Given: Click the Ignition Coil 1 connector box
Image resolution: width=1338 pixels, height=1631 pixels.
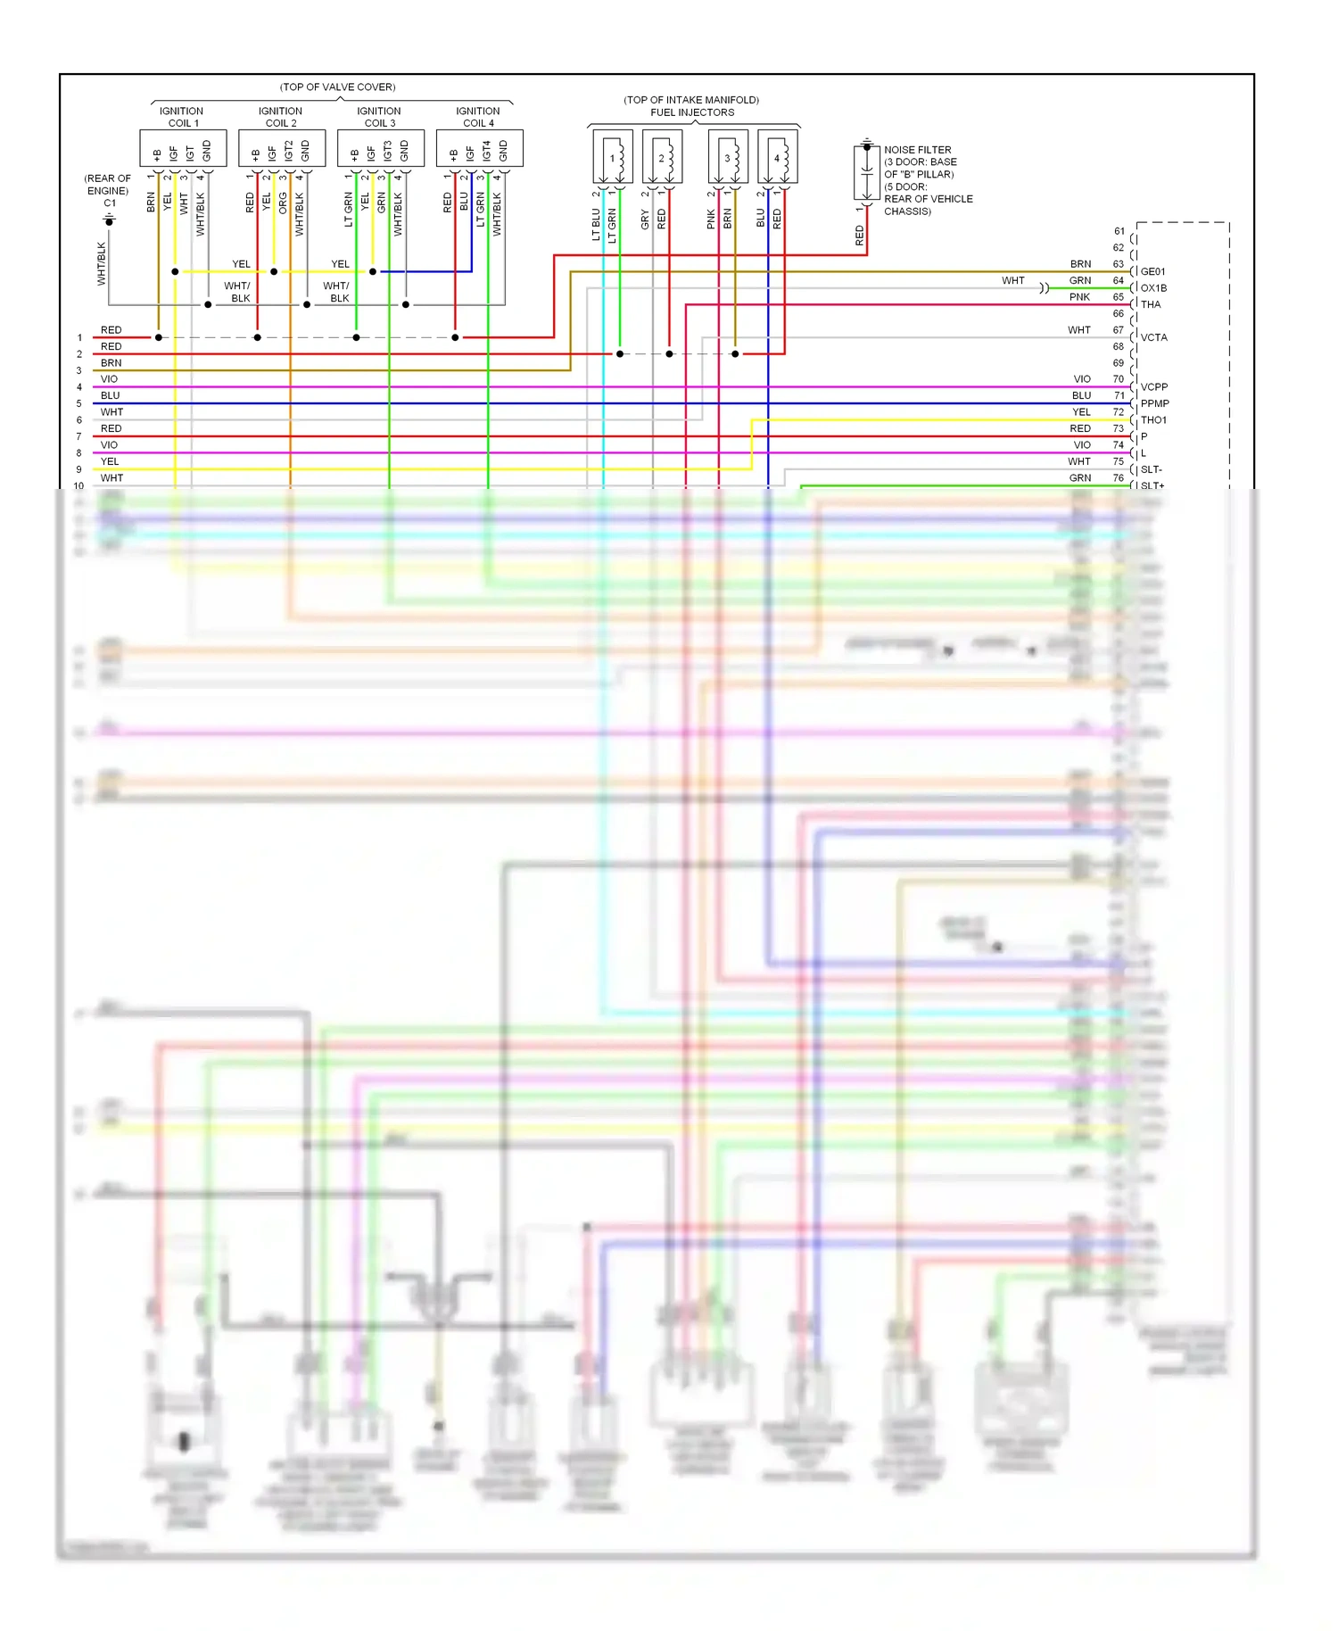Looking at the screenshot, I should pos(182,148).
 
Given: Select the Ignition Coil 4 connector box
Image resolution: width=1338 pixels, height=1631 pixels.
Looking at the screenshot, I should pos(479,148).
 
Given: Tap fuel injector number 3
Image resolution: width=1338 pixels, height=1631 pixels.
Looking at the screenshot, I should pos(728,157).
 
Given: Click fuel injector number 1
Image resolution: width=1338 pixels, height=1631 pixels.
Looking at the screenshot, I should pos(613,157).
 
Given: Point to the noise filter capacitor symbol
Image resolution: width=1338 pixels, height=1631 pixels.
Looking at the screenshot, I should pos(866,172).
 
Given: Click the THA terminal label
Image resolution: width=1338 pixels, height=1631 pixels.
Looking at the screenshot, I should pos(1151,304).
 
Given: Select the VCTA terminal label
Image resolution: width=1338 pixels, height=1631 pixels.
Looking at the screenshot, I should pos(1153,337).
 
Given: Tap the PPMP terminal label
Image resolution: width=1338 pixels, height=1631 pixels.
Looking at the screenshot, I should pos(1154,403).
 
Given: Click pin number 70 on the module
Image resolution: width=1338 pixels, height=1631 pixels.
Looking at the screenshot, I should pos(1118,379).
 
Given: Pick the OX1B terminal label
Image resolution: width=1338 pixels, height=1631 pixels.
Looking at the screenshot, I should pos(1153,288).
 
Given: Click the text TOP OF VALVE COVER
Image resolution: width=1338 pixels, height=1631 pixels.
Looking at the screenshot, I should pos(337,87).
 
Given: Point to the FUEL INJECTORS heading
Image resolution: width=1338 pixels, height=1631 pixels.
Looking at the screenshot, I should pos(692,112).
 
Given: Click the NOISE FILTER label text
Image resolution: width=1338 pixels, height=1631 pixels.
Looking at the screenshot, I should pos(917,150).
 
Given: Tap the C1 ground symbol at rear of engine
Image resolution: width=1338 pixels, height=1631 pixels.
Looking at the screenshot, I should pos(109,219).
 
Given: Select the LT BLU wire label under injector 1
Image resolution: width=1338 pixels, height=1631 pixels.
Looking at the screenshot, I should pos(596,224).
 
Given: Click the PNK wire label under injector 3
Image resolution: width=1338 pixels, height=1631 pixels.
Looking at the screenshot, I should pos(711,219).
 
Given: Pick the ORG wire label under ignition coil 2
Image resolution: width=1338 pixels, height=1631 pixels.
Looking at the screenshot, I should pos(283,203).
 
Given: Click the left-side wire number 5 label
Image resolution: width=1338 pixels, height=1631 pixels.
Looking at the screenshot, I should pos(78,403).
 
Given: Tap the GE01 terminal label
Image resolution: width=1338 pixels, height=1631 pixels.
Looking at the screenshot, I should pos(1152,271).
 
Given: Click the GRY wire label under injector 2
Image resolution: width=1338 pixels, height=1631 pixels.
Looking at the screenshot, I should pos(645,219).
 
